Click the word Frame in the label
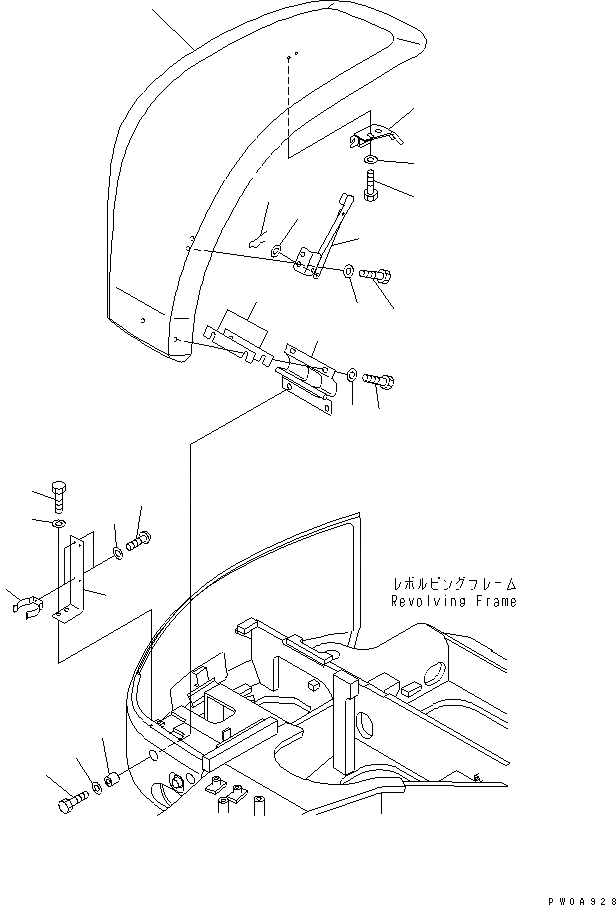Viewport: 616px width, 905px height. [498, 602]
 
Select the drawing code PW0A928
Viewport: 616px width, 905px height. [580, 898]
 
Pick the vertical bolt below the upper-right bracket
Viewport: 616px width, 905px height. [371, 185]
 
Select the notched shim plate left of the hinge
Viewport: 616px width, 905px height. [238, 340]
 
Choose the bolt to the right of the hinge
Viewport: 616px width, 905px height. [381, 380]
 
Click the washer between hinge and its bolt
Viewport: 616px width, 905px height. [353, 376]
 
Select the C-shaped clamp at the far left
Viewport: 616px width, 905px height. [30, 607]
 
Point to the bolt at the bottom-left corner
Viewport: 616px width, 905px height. [71, 801]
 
